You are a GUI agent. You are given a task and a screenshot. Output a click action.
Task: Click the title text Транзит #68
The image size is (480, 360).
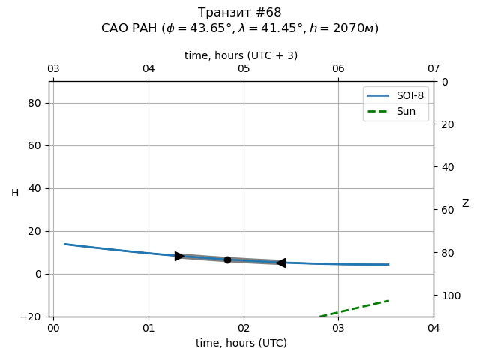point(240,13)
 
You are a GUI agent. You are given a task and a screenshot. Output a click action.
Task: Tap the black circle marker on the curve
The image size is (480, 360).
point(227,259)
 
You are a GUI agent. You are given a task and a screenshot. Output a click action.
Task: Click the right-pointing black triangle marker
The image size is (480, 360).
point(179,256)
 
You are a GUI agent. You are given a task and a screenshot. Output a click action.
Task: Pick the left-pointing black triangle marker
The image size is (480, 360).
point(281,262)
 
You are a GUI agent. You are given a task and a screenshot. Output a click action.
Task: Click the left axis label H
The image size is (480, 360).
point(15,193)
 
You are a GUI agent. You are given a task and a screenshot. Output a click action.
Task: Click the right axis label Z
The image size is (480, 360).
point(465,204)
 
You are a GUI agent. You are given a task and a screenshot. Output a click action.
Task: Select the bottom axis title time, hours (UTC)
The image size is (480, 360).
point(241,343)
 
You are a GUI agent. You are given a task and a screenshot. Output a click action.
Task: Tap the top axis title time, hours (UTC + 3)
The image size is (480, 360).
point(241,55)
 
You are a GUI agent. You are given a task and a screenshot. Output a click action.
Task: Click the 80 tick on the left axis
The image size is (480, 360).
point(34,103)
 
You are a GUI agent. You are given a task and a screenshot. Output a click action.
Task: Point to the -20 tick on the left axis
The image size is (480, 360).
point(31,316)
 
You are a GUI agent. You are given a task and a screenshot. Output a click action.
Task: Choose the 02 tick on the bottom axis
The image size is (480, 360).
point(244,328)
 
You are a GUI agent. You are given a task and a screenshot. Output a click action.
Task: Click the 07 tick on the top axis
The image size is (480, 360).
point(433,69)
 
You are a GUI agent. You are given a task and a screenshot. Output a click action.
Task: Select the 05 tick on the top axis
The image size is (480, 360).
point(244,69)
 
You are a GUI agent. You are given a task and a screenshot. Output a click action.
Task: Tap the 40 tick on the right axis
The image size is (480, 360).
point(445,167)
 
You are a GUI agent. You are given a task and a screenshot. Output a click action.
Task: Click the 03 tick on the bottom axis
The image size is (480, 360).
point(338,328)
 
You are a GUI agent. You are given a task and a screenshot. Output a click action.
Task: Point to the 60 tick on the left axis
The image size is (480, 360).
point(34,145)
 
